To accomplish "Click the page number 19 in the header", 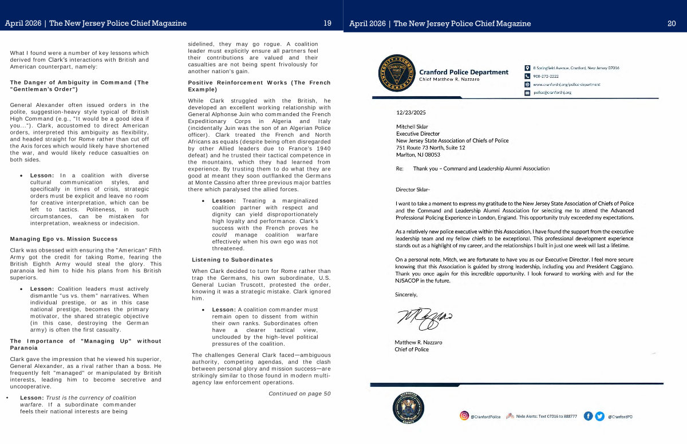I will [x=327, y=23].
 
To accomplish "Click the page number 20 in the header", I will [x=672, y=23].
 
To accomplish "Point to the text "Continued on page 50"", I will [x=299, y=394].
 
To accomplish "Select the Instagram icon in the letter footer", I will [x=464, y=416].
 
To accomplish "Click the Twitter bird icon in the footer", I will [x=599, y=416].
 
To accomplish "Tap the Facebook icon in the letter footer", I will [x=588, y=416].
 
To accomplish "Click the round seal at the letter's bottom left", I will [x=408, y=409].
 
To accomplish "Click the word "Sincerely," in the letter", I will [x=406, y=295].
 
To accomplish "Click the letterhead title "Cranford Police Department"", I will [x=463, y=72].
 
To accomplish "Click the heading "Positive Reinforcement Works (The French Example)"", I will [x=259, y=86].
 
